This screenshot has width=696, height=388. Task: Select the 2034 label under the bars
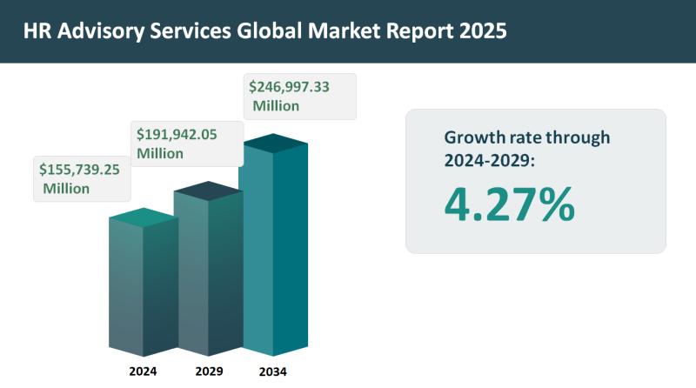pos(273,371)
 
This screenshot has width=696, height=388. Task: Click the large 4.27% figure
pos(509,204)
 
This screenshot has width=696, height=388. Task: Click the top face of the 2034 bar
pos(274,143)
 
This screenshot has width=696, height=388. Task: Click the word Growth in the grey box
pos(474,137)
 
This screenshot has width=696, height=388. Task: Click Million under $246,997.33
pos(276,106)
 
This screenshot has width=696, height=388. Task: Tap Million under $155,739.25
pos(66,189)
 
